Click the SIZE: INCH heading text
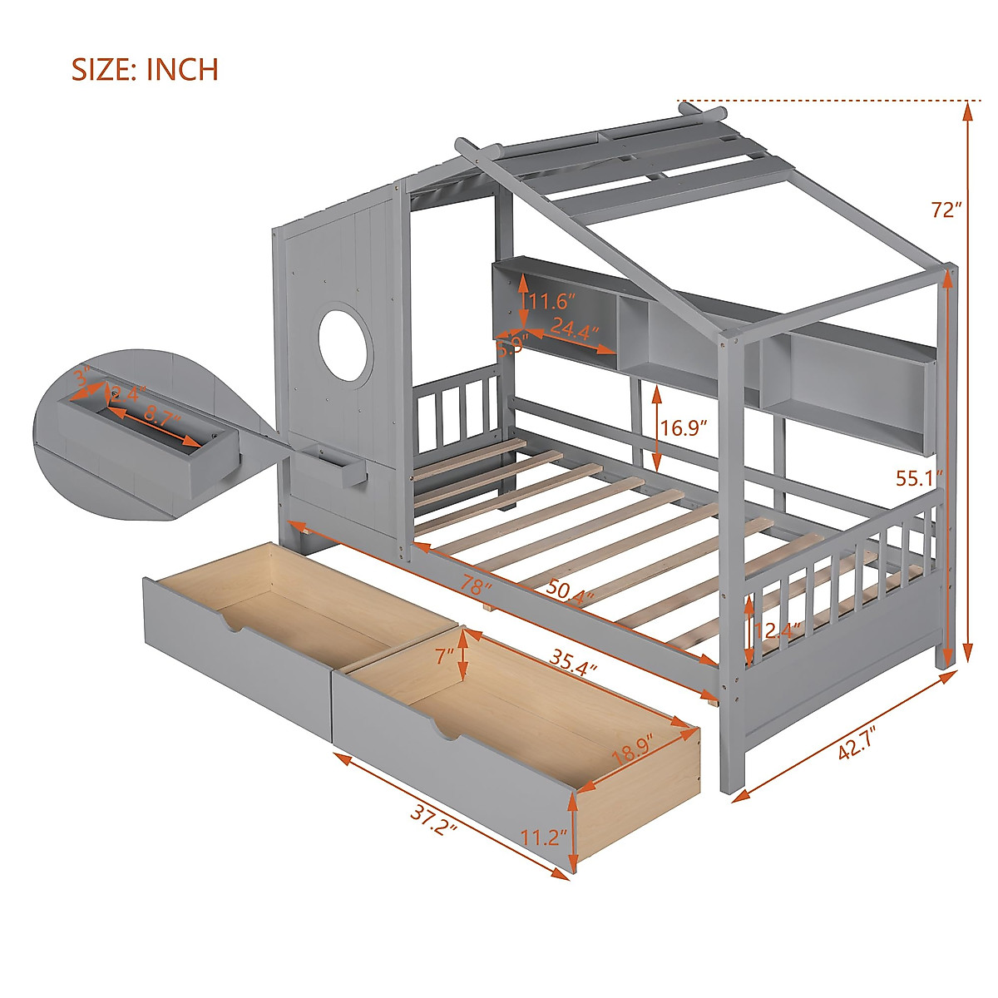point(145,69)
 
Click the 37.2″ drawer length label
point(433,823)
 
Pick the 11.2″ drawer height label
point(546,836)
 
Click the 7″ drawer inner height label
point(443,655)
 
